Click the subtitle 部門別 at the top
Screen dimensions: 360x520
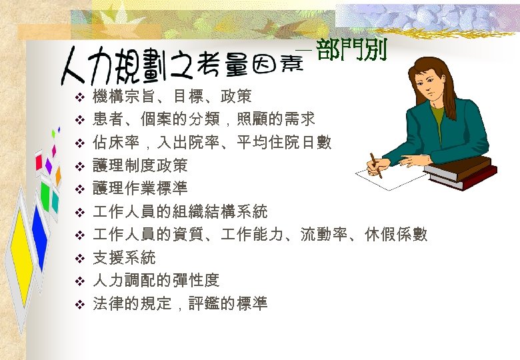(x=351, y=51)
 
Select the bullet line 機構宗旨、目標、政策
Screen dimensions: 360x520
(x=172, y=97)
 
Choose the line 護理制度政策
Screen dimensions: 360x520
(x=140, y=165)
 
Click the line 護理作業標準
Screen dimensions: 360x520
(x=140, y=189)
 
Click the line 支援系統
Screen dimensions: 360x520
(x=124, y=257)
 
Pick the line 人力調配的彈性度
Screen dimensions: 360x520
(x=156, y=281)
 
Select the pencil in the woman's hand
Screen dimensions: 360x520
(x=376, y=165)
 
